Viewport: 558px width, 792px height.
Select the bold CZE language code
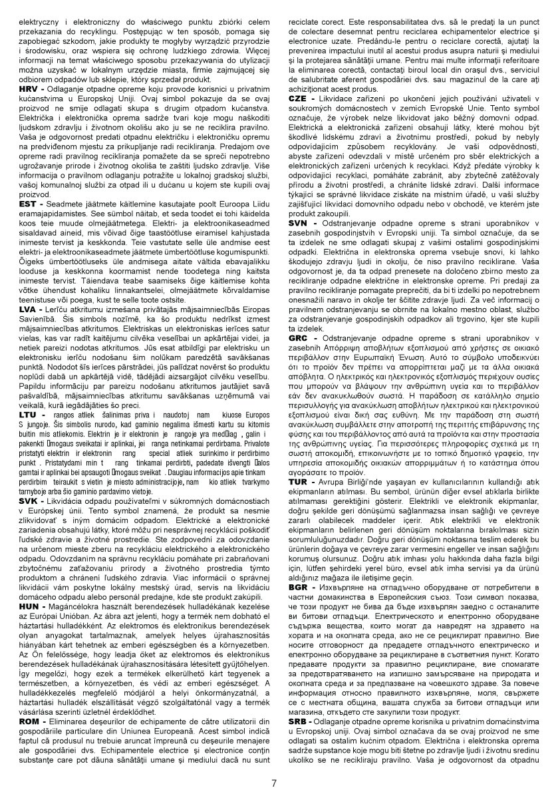pyautogui.click(x=299, y=97)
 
